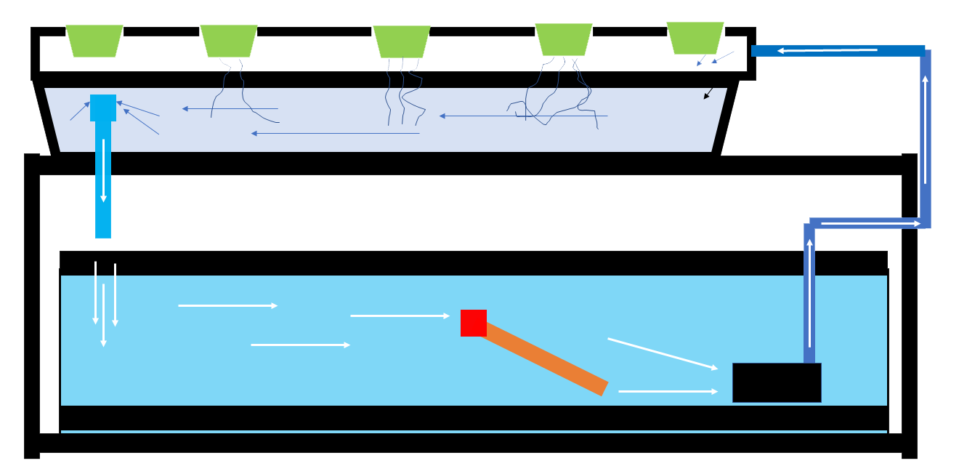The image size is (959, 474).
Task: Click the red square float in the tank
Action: (x=474, y=323)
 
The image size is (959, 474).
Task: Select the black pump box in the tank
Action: (x=777, y=382)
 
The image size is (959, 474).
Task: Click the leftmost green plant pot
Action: (x=94, y=41)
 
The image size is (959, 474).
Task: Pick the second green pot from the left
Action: (x=229, y=41)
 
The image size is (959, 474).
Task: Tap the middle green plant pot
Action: (x=401, y=41)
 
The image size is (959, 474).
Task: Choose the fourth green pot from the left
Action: (x=564, y=39)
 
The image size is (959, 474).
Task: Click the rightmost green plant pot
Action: (x=695, y=38)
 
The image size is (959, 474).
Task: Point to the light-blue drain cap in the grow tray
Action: (x=103, y=108)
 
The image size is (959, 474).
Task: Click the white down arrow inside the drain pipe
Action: (x=103, y=170)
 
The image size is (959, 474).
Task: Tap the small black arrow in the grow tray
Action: (x=708, y=94)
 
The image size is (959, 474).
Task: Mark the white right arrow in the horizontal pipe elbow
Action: (x=870, y=223)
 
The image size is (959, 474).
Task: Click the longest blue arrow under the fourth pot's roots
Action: (x=523, y=116)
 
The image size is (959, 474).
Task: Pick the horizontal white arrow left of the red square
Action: (x=400, y=316)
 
